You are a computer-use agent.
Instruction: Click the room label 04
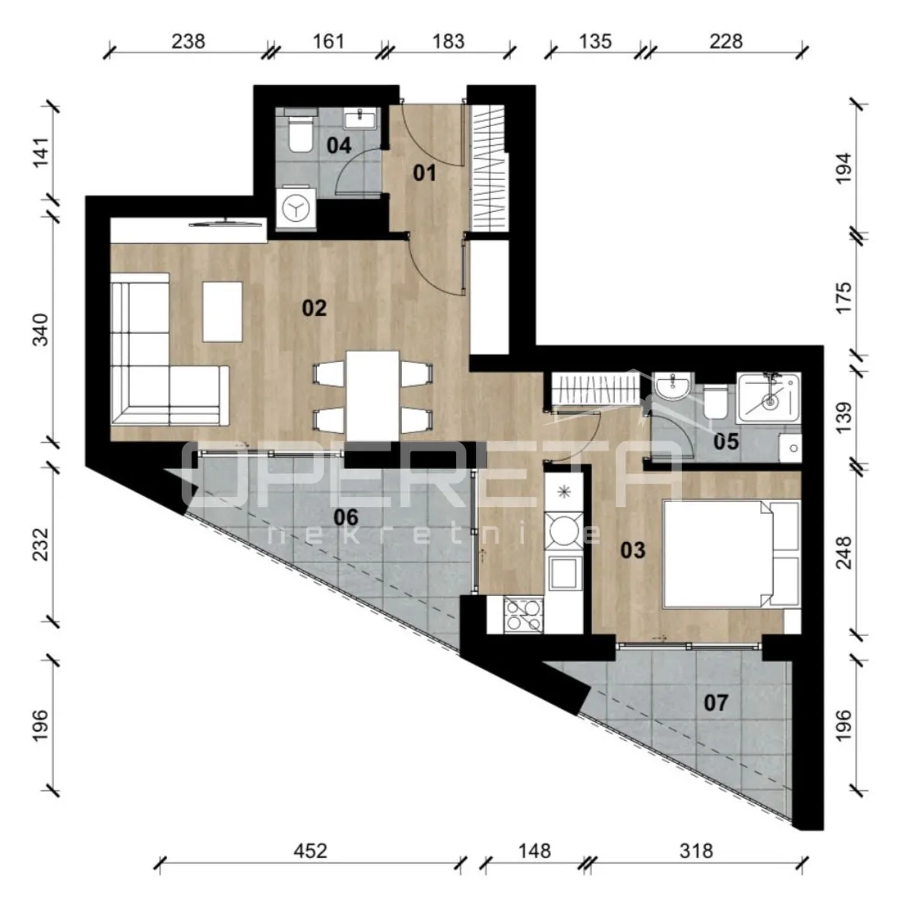tap(339, 145)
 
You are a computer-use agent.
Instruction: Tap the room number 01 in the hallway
tap(424, 173)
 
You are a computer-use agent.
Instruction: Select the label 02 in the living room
tap(315, 309)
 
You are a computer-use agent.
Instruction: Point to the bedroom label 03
tap(633, 550)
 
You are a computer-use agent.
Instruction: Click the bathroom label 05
tap(726, 442)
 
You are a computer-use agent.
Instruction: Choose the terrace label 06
tap(346, 518)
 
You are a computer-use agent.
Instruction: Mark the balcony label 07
tap(716, 703)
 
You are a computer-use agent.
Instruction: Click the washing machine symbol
tap(296, 207)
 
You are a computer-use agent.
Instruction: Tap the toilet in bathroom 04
tap(300, 135)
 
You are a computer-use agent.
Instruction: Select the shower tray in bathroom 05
tap(768, 398)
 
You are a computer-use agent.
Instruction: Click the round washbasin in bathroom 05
tap(674, 387)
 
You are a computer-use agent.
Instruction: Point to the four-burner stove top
tap(523, 615)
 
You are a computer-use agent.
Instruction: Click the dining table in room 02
tap(372, 396)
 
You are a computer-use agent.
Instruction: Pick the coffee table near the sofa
tap(223, 312)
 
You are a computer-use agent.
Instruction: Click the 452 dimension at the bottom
tap(310, 851)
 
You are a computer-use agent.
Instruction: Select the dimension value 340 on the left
tap(41, 330)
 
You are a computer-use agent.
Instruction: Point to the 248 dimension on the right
tap(844, 553)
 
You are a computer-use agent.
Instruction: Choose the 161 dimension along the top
tap(328, 41)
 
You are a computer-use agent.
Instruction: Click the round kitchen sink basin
tap(563, 530)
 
